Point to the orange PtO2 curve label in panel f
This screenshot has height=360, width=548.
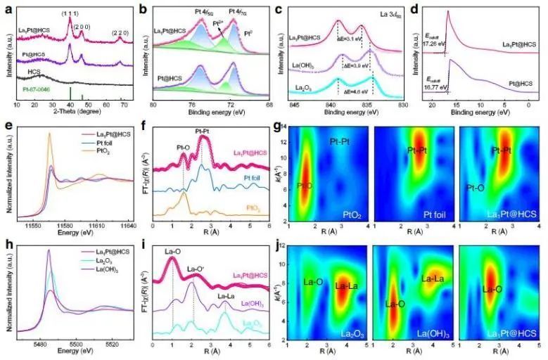[257, 209]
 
